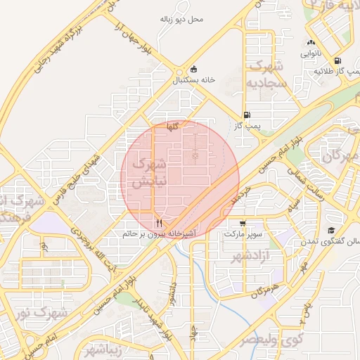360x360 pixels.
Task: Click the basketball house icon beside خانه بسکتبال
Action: [194, 70]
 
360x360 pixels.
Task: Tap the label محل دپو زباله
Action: [181, 18]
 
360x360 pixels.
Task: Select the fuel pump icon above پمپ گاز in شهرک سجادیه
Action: [246, 115]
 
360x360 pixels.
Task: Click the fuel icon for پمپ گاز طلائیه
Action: [339, 61]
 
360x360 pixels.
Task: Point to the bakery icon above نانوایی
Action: [310, 43]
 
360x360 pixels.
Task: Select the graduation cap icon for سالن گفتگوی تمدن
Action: [330, 230]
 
